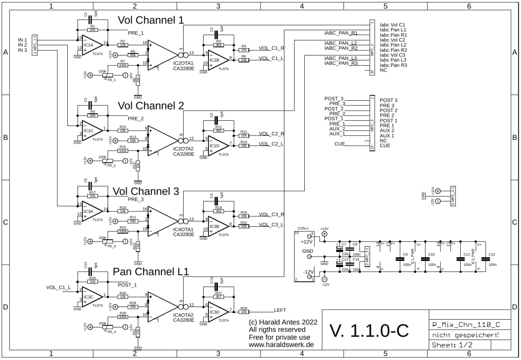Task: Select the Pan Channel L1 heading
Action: [151, 272]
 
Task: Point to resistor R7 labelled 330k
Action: [123, 65]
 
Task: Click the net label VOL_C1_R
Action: [271, 48]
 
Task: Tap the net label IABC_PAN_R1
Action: [341, 33]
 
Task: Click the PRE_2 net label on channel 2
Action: [135, 119]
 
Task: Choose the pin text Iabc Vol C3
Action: [392, 55]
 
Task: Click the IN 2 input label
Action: [22, 45]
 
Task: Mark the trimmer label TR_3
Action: [112, 246]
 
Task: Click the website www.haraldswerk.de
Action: [281, 345]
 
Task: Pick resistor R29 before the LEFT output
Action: [244, 312]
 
